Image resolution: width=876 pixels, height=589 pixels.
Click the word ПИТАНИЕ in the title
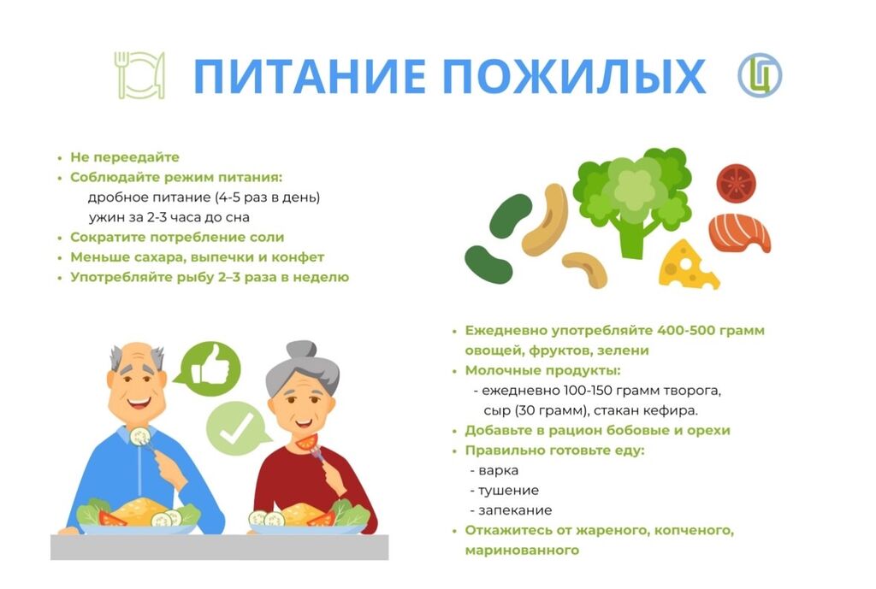[311, 75]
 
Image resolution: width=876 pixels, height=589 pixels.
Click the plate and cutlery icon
[139, 75]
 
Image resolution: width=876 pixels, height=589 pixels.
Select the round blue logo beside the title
[760, 75]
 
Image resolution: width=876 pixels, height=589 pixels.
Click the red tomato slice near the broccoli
[736, 183]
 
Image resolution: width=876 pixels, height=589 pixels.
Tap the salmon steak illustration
[740, 233]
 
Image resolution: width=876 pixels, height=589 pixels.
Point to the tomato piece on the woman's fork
[307, 442]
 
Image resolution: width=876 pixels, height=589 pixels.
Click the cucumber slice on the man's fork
[139, 435]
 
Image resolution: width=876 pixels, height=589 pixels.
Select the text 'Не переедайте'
[125, 157]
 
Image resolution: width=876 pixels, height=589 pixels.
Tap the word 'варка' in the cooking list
[499, 471]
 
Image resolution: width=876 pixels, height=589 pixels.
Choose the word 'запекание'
[515, 510]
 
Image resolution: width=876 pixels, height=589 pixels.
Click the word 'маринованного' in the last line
[522, 551]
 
